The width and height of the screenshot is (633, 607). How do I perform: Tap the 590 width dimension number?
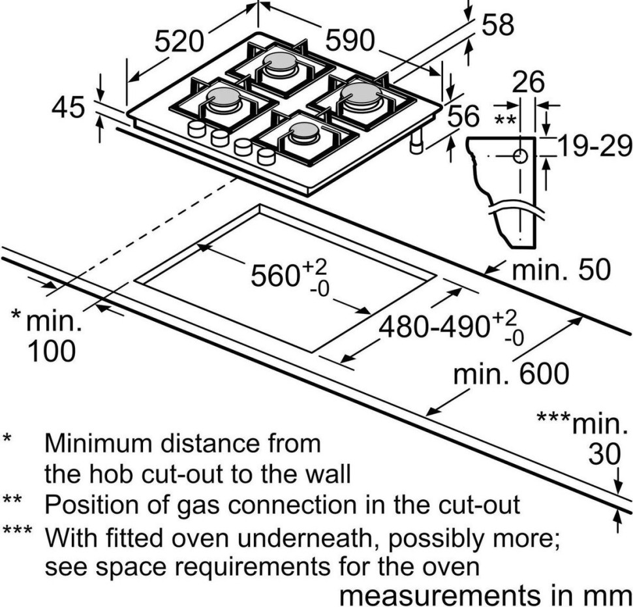pos(350,42)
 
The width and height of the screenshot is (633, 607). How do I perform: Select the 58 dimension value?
pos(497,25)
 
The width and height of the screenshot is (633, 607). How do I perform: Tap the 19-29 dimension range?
pos(594,148)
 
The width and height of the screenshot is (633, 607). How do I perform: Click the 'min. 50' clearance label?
pos(561,270)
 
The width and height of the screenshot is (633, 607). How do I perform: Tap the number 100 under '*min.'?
pos(51,352)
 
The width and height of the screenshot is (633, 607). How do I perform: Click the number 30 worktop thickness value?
pos(604,454)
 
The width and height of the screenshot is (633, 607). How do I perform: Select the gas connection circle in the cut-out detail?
pos(521,156)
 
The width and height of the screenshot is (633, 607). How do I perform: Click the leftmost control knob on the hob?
pos(196,129)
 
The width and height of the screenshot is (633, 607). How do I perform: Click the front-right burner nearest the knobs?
pos(304,134)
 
